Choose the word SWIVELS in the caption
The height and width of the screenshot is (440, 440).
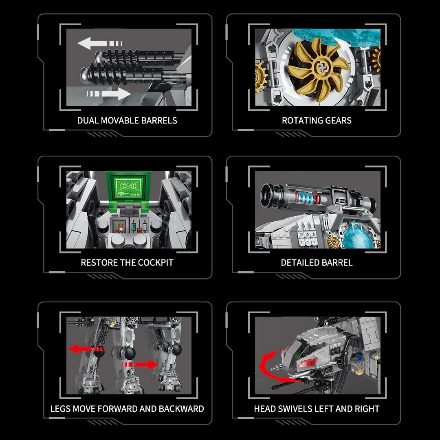[295, 409]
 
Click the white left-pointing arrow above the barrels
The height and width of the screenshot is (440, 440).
[100, 43]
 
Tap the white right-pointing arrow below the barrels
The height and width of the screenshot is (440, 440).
[109, 94]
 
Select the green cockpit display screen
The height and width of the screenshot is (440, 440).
[128, 187]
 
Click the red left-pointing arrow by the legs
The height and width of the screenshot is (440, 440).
[86, 349]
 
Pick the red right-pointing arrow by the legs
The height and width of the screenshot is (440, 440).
[140, 364]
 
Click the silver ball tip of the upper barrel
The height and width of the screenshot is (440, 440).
[100, 57]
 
